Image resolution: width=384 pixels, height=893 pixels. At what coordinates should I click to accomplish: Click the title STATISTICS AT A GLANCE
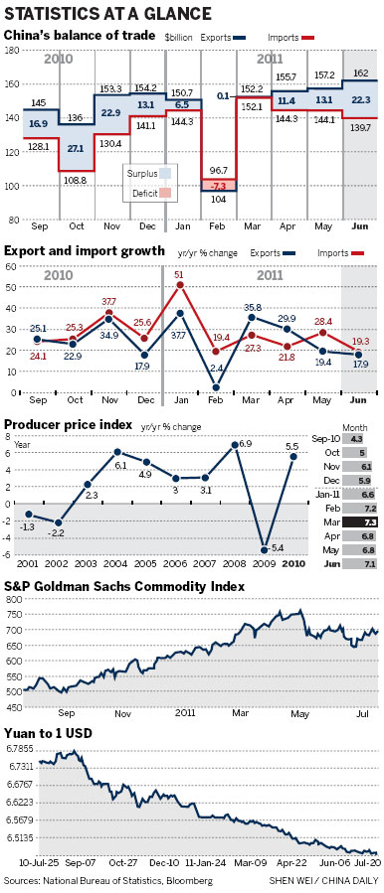(x=109, y=13)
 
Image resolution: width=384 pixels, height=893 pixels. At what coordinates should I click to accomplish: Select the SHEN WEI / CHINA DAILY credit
(x=324, y=880)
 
